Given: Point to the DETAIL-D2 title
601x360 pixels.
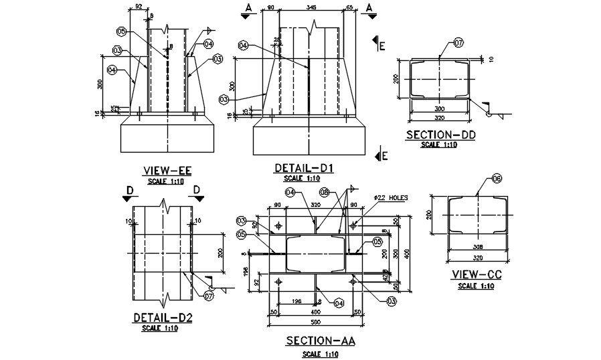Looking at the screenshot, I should coord(163,318).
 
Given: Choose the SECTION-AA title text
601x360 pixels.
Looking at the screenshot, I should coord(321,341).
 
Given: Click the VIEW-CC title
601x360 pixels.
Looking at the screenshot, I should coord(477,274).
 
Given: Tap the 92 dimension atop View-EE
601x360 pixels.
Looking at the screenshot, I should coord(139,7).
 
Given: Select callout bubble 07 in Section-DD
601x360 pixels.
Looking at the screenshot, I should coord(458,43).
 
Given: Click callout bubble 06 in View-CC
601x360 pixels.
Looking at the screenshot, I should coord(497,179).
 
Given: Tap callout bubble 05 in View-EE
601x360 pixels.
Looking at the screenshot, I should coord(121,31).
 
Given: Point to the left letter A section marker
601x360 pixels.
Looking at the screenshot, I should coord(248,7).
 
